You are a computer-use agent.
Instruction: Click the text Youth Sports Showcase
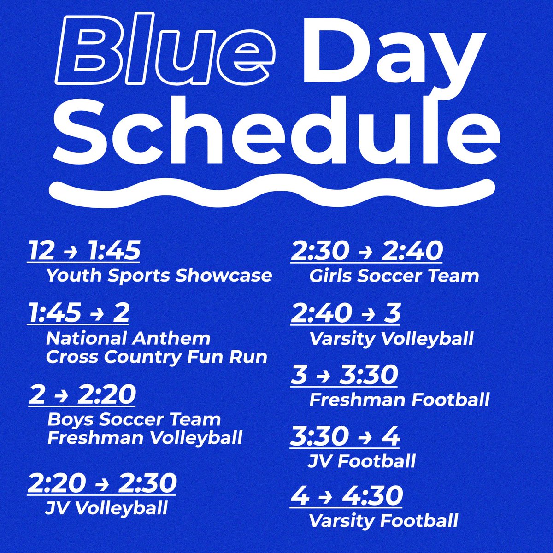point(159,276)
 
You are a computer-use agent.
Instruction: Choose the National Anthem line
point(128,339)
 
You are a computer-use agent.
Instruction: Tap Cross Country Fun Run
point(157,357)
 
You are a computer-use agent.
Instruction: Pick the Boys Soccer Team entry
point(134,420)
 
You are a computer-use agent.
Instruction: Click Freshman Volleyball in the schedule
point(145,438)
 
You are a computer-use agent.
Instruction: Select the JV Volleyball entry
point(106,508)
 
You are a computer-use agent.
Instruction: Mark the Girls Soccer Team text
point(394,276)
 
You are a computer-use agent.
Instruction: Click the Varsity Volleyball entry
point(391,339)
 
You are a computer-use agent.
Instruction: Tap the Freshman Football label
point(399,400)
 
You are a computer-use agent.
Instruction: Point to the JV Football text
point(362,461)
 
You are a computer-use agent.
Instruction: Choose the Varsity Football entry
point(383,521)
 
